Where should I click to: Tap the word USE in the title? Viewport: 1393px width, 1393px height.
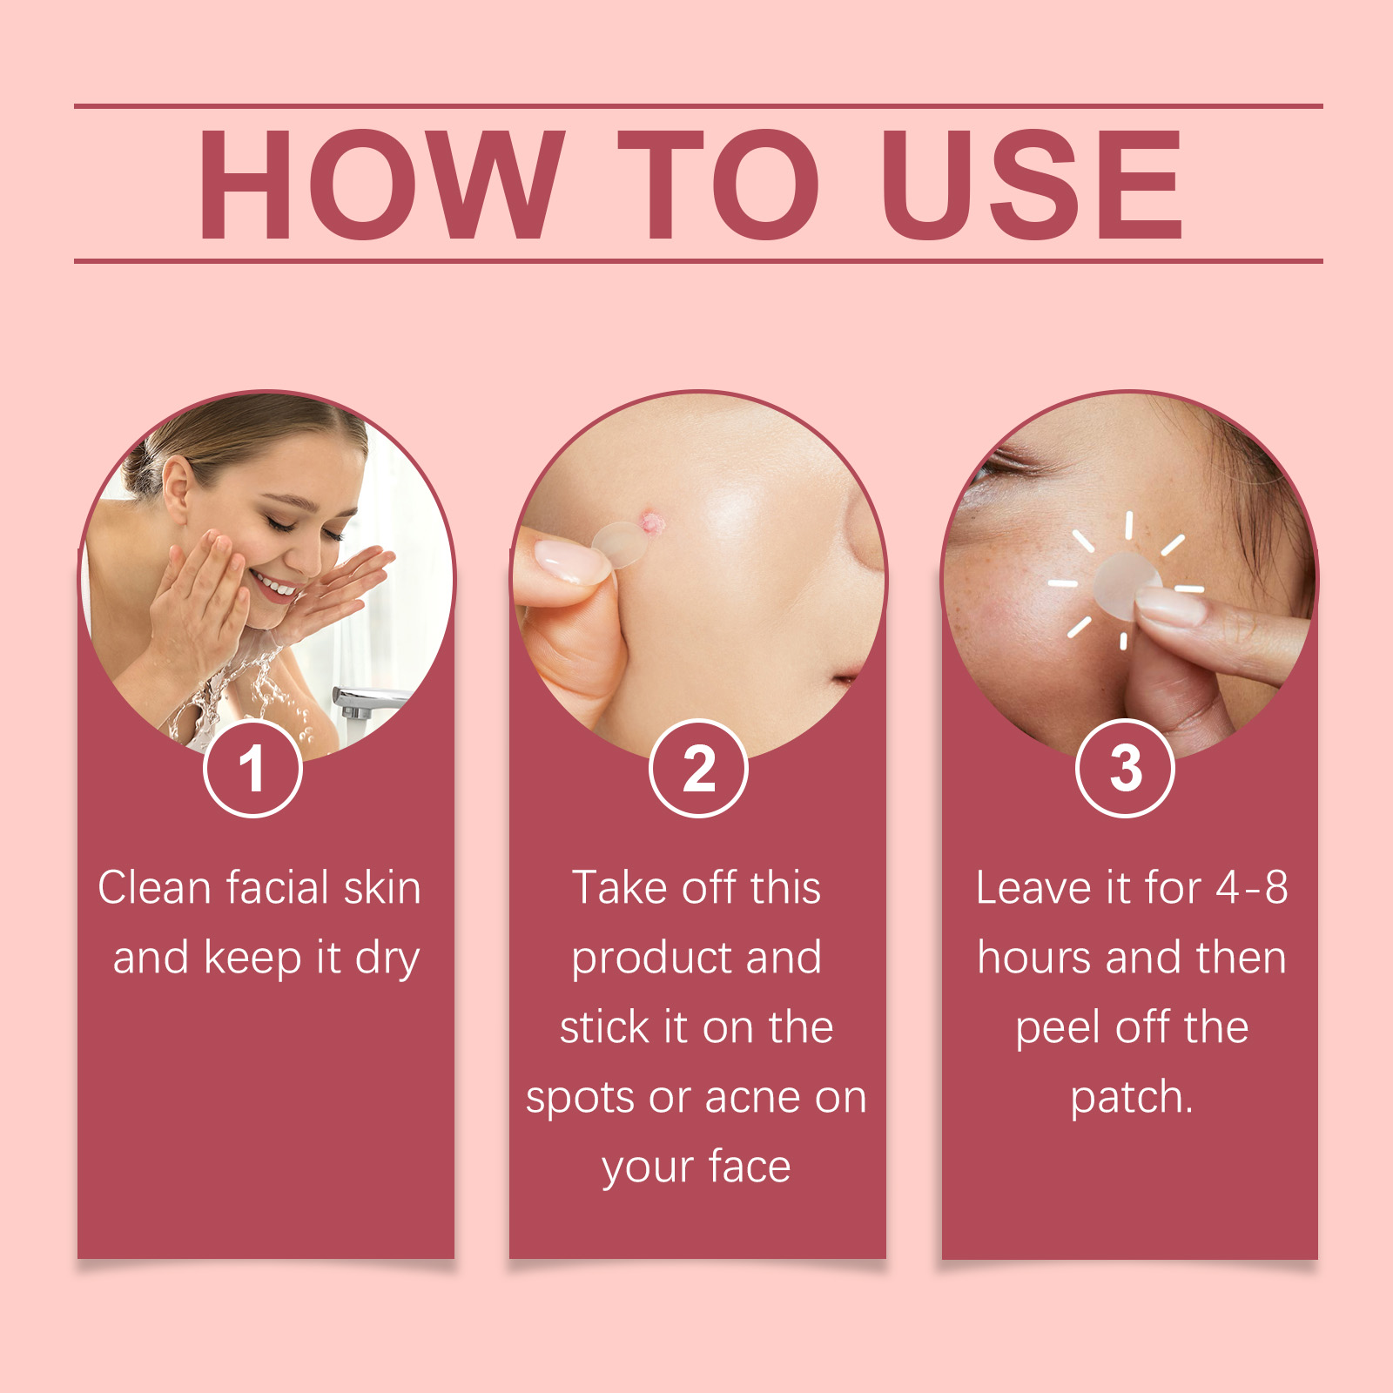coord(1033,185)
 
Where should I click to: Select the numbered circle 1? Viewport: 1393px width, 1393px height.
coord(252,768)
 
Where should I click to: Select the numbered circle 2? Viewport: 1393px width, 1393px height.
coord(698,768)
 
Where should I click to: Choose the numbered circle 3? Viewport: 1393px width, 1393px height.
coord(1125,768)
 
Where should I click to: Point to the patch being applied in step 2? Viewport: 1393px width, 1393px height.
coord(619,544)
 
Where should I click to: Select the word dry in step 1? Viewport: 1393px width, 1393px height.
coord(387,959)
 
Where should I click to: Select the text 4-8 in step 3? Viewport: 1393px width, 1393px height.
coord(1252,888)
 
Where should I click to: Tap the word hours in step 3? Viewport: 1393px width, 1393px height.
coord(1034,958)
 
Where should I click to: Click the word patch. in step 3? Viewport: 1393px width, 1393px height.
coord(1131,1098)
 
